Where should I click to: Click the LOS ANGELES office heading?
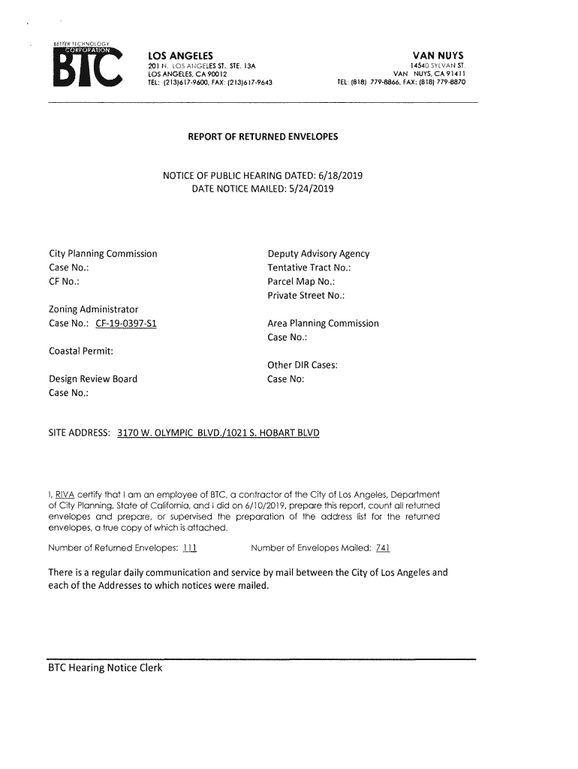(x=180, y=56)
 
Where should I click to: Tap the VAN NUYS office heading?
(x=438, y=56)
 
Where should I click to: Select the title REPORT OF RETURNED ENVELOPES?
(x=263, y=137)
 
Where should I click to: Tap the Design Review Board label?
(x=93, y=378)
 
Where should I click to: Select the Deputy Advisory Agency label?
(x=318, y=255)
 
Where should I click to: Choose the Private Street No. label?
(x=306, y=295)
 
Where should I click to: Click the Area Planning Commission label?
(x=323, y=324)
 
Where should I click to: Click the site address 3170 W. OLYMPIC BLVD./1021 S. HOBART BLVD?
(x=218, y=434)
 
